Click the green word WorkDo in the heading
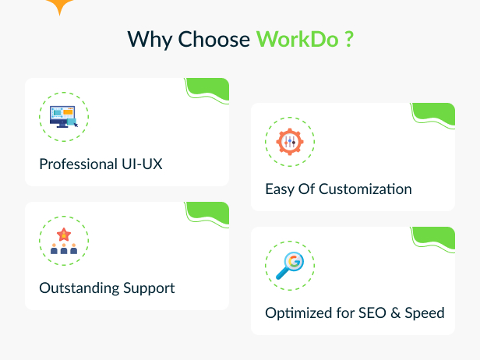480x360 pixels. (x=297, y=39)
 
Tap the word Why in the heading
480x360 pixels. (x=150, y=41)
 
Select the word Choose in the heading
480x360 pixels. (x=214, y=39)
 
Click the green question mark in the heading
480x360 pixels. (x=349, y=39)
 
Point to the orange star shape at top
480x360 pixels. (x=60, y=5)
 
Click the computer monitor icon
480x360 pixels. (x=64, y=117)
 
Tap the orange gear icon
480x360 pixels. (x=290, y=142)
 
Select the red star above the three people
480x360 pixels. (x=64, y=235)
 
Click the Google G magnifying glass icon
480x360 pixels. (x=290, y=266)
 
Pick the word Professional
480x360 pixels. (x=79, y=164)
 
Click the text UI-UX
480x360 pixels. (x=142, y=164)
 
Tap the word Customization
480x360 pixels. (x=365, y=189)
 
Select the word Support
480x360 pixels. (x=149, y=288)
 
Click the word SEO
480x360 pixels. (x=372, y=313)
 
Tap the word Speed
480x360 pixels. (x=425, y=313)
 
